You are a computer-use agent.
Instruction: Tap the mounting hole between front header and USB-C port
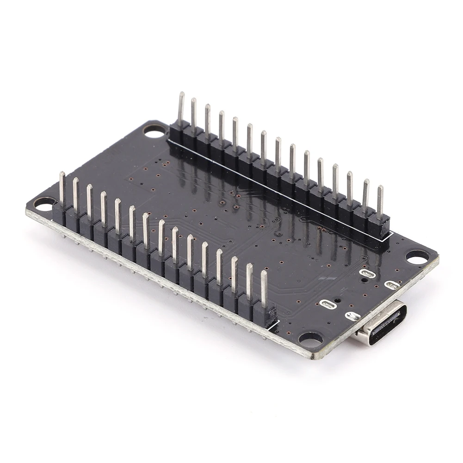(310, 339)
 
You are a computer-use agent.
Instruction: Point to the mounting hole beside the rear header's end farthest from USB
(154, 131)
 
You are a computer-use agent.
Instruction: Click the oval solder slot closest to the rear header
(367, 273)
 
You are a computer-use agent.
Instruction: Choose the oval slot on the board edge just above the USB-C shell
(352, 316)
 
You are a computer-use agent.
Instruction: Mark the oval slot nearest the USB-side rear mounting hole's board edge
(391, 284)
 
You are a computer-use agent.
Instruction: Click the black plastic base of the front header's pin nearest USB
(265, 317)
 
